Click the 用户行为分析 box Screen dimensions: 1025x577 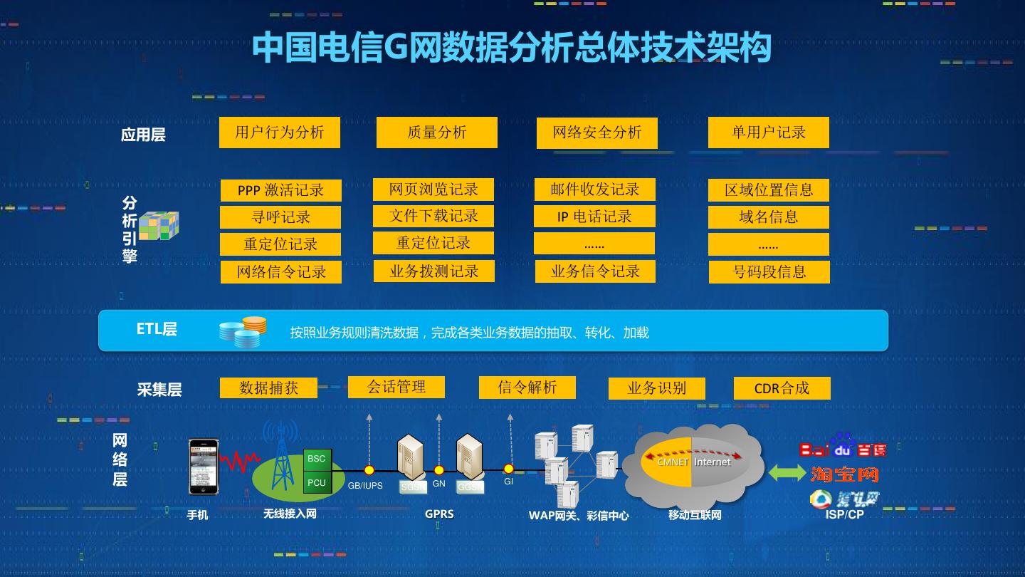click(279, 132)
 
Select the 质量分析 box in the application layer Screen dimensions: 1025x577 click(436, 132)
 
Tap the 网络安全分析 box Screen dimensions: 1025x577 click(596, 133)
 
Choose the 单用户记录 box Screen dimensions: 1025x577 click(768, 132)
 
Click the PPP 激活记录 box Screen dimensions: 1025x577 click(280, 190)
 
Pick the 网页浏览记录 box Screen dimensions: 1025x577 click(433, 189)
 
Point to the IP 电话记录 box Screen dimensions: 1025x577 click(594, 217)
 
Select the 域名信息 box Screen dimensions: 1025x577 click(768, 217)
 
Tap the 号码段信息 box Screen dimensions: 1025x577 click(769, 271)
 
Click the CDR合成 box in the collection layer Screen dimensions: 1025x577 click(782, 388)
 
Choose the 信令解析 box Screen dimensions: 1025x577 click(527, 388)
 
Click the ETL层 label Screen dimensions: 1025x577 click(157, 329)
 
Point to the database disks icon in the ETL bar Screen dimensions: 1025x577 click(243, 332)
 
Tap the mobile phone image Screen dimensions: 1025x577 click(203, 467)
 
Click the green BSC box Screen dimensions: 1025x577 click(316, 459)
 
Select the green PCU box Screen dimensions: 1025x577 click(316, 482)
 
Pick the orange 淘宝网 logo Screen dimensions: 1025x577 click(844, 474)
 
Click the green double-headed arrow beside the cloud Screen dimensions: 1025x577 click(787, 472)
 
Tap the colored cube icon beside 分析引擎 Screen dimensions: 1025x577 click(159, 225)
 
